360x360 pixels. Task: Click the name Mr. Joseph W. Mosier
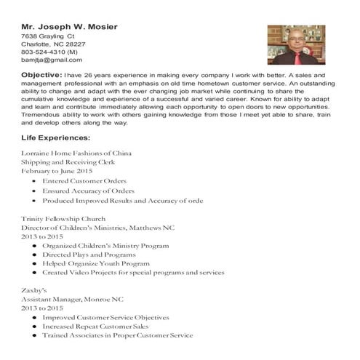tap(70, 27)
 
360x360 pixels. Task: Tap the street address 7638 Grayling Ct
tap(48, 36)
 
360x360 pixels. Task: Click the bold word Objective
tap(41, 75)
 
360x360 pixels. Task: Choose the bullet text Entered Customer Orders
tap(84, 180)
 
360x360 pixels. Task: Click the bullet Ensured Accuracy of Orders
tap(88, 191)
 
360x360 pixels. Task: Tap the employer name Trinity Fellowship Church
tap(63, 218)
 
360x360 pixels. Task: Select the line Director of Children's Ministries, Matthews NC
tap(98, 228)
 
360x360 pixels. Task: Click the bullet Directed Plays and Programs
tap(89, 255)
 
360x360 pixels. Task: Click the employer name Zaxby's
tap(34, 290)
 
